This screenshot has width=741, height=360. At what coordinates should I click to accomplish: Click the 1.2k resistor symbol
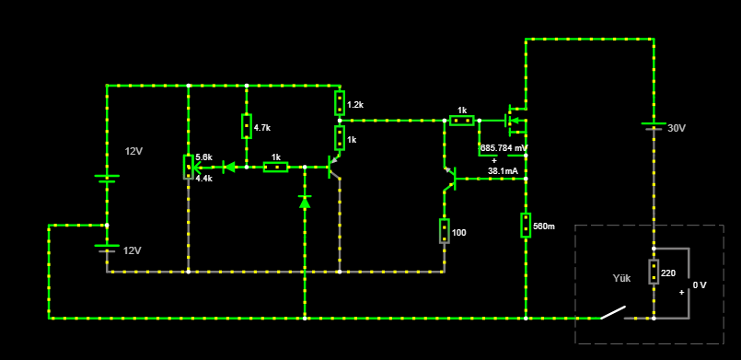click(340, 103)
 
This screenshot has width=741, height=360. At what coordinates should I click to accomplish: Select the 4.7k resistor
click(246, 126)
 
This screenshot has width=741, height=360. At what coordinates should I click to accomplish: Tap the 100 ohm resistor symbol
click(445, 231)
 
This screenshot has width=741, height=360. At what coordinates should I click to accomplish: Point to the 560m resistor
click(526, 226)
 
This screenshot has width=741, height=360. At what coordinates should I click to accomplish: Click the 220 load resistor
click(654, 272)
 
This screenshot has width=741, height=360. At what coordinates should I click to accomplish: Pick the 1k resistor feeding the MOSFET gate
click(462, 121)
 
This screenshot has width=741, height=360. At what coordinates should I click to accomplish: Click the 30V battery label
click(676, 128)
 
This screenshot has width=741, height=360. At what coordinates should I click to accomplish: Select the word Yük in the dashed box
click(621, 278)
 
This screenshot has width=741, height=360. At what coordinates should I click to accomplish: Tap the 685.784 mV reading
click(504, 148)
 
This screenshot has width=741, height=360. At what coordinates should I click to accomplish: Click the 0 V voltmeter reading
click(700, 285)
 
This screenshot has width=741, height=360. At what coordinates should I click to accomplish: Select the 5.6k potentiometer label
click(203, 157)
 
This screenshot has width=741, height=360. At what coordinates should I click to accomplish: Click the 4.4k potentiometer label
click(203, 179)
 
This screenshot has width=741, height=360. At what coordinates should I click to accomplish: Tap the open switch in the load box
click(613, 313)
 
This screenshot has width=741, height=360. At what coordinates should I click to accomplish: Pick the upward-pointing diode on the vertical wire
click(305, 202)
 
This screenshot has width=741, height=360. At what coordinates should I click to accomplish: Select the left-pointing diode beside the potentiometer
click(229, 167)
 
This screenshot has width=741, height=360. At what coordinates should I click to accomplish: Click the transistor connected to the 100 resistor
click(450, 179)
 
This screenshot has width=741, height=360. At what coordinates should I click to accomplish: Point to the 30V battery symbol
click(654, 125)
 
